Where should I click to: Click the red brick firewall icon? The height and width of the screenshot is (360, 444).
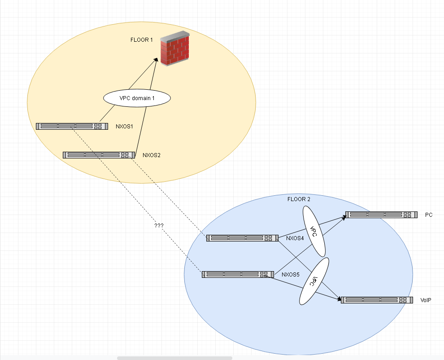[x=175, y=48]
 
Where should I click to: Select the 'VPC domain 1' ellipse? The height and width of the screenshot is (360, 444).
[x=137, y=98]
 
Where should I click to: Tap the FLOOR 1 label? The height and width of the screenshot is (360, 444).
[x=142, y=40]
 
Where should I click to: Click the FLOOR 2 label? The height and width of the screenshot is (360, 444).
[x=299, y=199]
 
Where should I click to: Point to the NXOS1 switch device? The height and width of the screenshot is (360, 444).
[x=72, y=127]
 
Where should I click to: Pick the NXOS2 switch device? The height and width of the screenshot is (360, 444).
[x=99, y=155]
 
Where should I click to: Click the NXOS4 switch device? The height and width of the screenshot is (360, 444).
[x=242, y=238]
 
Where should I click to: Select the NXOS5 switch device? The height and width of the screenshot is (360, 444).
[x=238, y=274]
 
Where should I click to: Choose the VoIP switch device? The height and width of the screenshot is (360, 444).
[x=376, y=300]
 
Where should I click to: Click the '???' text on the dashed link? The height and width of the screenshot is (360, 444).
[x=158, y=225]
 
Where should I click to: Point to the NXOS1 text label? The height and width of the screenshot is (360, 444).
[x=124, y=127]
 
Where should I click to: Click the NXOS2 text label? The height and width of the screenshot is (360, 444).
[x=152, y=155]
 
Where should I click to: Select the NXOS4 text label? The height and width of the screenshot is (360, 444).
[x=295, y=238]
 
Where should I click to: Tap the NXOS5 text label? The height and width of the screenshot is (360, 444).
[x=291, y=274]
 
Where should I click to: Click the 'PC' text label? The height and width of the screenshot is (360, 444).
[x=429, y=215]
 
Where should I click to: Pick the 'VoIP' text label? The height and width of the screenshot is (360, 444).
[x=426, y=300]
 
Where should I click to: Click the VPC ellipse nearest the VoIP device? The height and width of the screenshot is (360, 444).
[x=314, y=281]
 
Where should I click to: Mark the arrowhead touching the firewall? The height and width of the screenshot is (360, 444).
[x=157, y=60]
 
